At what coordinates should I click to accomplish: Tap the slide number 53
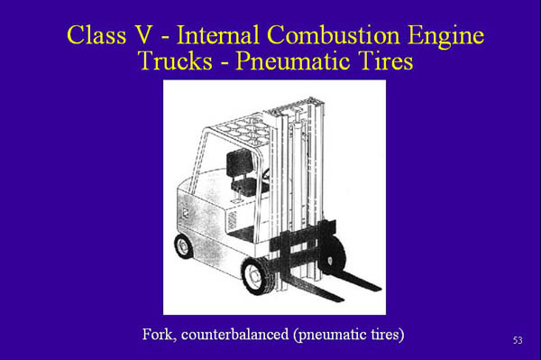coord(517,340)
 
